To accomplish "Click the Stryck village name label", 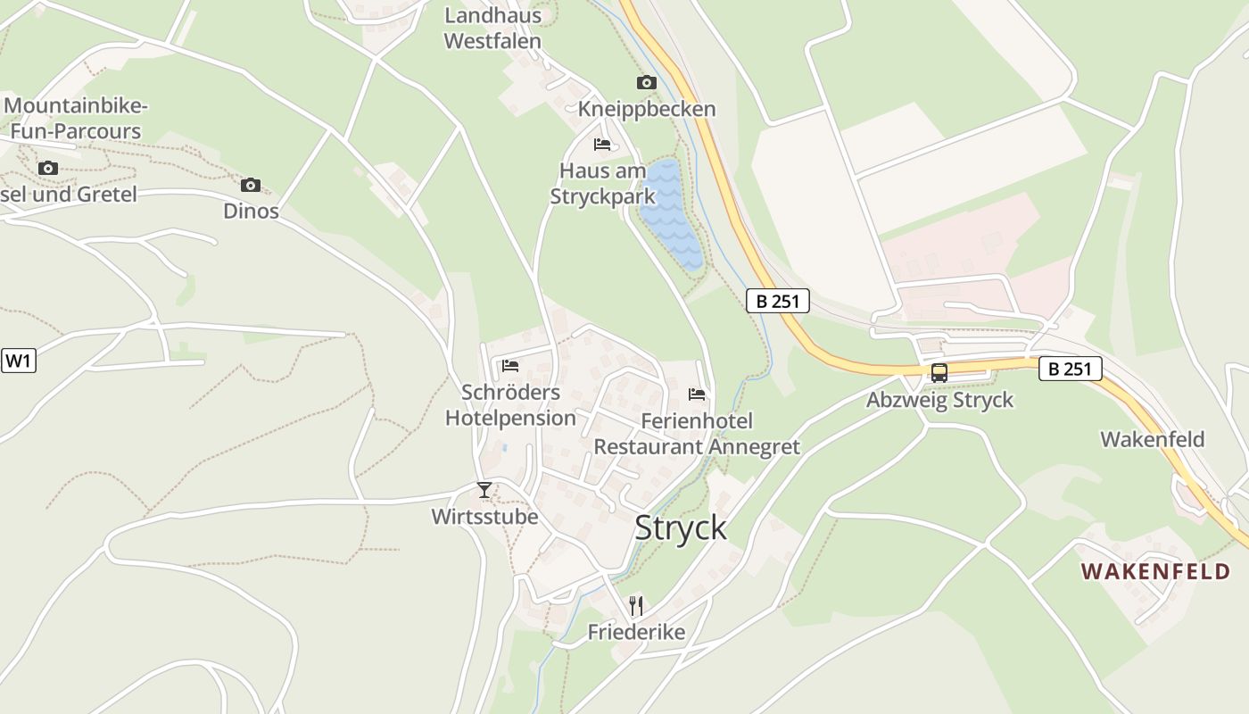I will (681, 527).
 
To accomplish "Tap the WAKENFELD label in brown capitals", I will (1155, 571).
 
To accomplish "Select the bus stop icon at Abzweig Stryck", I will (939, 372).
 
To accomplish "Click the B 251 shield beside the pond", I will (777, 301).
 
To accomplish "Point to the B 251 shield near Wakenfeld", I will (1070, 369).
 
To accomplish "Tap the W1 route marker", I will (18, 361).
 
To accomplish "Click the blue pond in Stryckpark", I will (671, 214).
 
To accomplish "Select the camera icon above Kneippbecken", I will (646, 83).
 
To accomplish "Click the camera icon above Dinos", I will (251, 185).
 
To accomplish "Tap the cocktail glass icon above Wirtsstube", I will (484, 490).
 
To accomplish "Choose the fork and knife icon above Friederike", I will (636, 606).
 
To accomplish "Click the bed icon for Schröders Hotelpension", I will (510, 365).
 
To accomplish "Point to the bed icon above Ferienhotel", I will (697, 394).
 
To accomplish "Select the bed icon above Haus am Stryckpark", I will (602, 144).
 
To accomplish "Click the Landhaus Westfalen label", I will (492, 29).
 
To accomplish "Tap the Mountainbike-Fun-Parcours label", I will (75, 119).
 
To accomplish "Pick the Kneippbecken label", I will (647, 109).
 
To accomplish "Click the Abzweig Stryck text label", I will (939, 399).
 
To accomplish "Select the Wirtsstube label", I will (484, 517).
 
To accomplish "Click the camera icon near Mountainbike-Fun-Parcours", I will (48, 168).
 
